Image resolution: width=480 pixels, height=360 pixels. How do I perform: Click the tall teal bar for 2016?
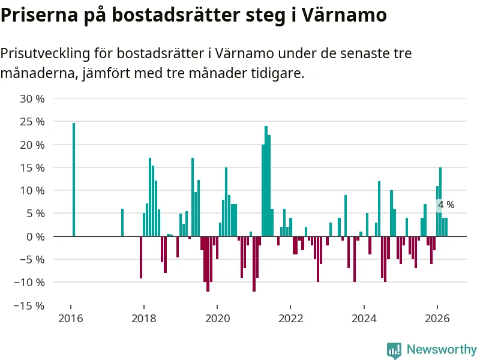pos(74,179)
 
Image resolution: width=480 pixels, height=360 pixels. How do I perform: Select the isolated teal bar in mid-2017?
pos(122,223)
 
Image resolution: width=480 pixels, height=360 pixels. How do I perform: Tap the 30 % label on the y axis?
pos(32,99)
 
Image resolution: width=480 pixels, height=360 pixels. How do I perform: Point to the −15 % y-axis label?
pos(29,305)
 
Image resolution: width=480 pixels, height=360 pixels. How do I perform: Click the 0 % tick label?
pos(35,236)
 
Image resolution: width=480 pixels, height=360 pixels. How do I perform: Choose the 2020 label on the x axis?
pos(217,319)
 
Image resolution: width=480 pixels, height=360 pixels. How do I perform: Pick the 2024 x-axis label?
pos(364,319)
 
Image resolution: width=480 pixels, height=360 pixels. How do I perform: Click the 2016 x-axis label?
pos(71,319)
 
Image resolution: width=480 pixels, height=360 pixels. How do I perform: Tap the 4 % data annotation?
pos(446,205)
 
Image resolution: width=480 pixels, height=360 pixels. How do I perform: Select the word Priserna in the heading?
pos(39,14)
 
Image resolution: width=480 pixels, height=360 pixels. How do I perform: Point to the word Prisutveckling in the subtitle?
pos(45,54)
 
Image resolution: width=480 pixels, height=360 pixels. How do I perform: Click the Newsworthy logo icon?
pos(394,350)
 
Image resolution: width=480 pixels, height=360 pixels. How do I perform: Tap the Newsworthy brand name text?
pos(442,349)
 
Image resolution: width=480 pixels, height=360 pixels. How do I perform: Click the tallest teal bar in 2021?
pos(266,181)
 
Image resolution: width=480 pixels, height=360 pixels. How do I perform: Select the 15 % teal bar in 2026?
pos(440,202)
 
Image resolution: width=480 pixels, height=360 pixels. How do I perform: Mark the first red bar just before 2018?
pos(141,257)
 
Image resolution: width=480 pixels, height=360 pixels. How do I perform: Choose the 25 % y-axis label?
pos(32,122)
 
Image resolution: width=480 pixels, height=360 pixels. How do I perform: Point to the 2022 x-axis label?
pos(291,319)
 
